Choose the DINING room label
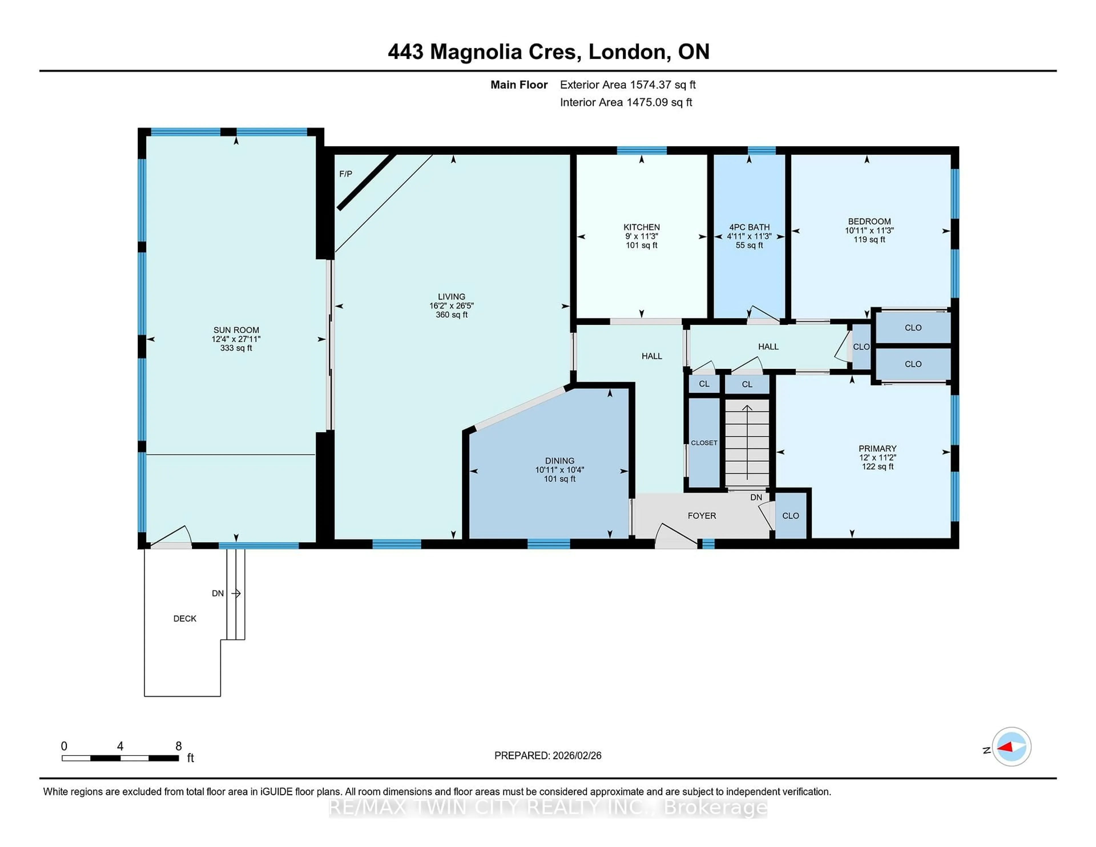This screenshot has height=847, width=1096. [x=559, y=461]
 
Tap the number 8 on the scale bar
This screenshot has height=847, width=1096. [x=178, y=746]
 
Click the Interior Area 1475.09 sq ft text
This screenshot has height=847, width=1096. [x=626, y=102]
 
